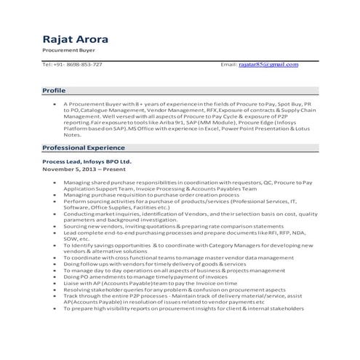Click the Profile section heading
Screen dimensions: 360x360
point(54,91)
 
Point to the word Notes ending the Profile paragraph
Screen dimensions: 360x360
point(72,135)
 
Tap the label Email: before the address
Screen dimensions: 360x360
point(229,65)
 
